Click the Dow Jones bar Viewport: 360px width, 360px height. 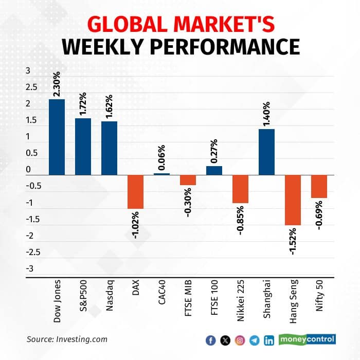[57, 137]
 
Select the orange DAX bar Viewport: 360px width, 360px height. [135, 192]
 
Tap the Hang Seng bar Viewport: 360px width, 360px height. [293, 200]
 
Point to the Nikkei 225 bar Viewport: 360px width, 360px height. [240, 189]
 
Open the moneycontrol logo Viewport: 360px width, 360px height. [307, 339]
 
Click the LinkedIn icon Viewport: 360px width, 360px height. [268, 340]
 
